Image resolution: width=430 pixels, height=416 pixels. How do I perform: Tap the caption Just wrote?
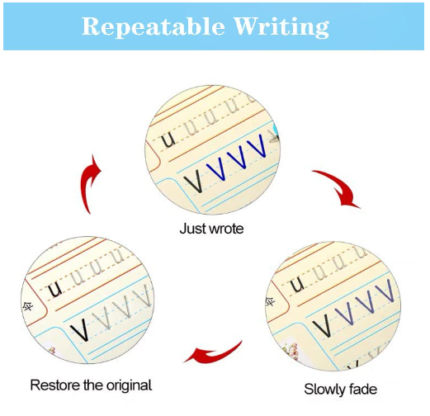pyautogui.click(x=211, y=228)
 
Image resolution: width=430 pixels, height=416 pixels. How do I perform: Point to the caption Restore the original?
pyautogui.click(x=91, y=385)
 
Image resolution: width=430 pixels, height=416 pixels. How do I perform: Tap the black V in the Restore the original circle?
pyautogui.click(x=79, y=329)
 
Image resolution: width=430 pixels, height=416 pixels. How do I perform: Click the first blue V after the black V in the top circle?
pyautogui.click(x=216, y=169)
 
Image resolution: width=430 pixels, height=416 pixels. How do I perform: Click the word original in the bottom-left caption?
pyautogui.click(x=127, y=385)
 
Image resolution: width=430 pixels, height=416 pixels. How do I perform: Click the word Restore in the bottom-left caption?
pyautogui.click(x=51, y=385)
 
